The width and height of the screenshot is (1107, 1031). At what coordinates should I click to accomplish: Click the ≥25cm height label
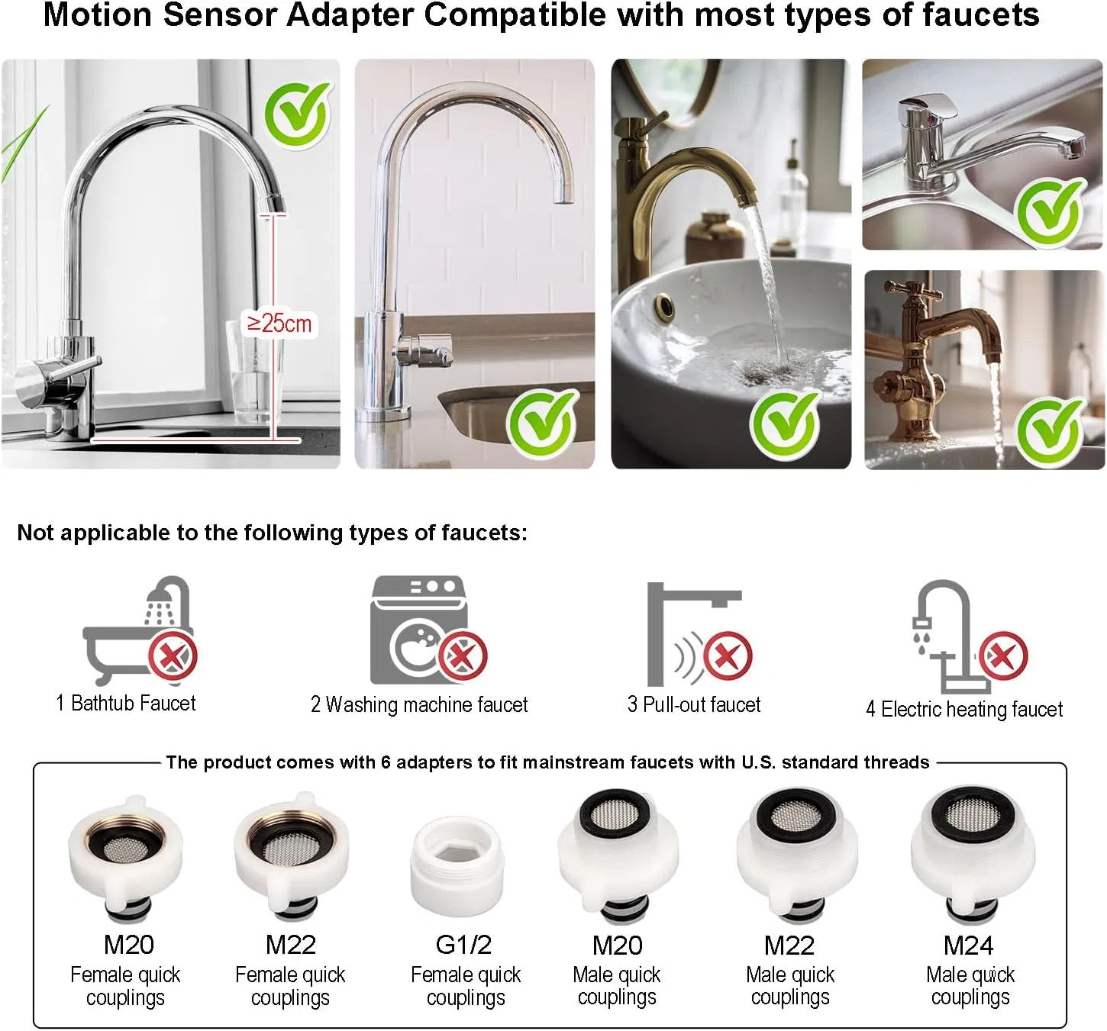[x=279, y=324]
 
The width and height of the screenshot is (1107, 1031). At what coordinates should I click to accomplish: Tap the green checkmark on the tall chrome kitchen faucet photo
[x=296, y=115]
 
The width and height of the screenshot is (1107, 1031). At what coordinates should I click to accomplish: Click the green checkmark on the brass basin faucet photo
[x=785, y=424]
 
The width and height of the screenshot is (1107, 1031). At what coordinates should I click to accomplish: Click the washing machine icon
[x=419, y=630]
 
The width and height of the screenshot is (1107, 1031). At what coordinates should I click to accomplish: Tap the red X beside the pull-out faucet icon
[x=728, y=657]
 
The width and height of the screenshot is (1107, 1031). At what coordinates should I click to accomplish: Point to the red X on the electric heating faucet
[x=1003, y=656]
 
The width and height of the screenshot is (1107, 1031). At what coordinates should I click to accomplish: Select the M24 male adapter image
[x=973, y=855]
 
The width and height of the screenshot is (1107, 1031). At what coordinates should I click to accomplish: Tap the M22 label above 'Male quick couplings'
[x=789, y=946]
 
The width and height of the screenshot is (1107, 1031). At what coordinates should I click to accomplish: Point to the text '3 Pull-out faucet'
[x=694, y=705]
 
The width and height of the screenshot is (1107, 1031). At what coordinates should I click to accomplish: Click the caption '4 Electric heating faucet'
[x=964, y=710]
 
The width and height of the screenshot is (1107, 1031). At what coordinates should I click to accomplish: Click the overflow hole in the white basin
[x=665, y=307]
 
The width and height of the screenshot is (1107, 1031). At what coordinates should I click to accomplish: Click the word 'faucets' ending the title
[x=981, y=15]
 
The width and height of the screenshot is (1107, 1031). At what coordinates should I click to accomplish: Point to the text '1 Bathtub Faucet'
[x=126, y=704]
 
